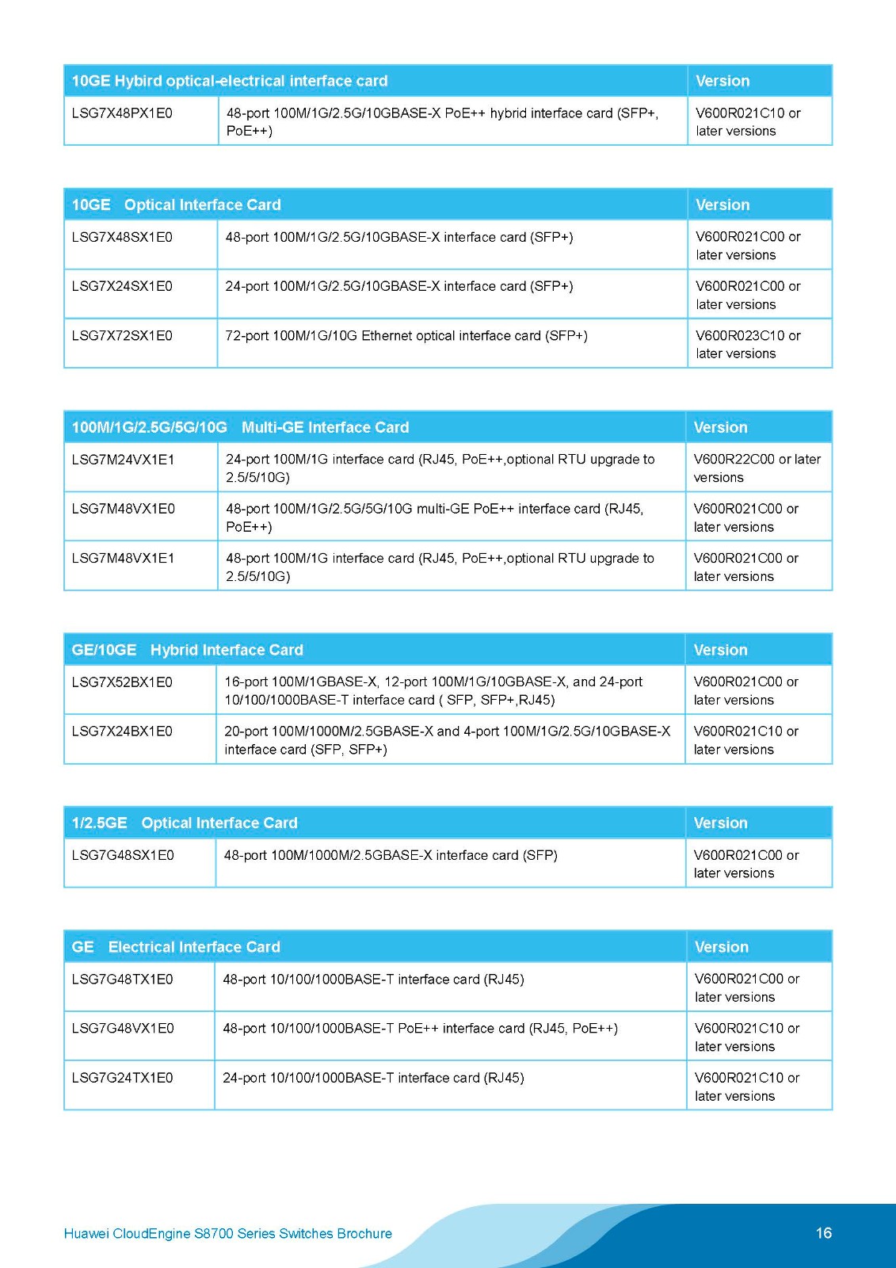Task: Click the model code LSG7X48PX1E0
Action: click(122, 113)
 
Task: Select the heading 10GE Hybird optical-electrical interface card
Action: click(230, 81)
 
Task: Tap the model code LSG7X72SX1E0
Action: click(122, 336)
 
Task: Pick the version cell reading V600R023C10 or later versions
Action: click(748, 345)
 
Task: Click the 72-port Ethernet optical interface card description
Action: click(406, 336)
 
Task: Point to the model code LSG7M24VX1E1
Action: click(123, 460)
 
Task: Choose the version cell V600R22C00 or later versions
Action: click(757, 468)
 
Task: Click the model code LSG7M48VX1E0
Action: click(123, 509)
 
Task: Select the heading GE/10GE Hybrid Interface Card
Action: click(188, 650)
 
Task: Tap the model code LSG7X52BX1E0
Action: click(122, 682)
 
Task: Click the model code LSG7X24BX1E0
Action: click(122, 731)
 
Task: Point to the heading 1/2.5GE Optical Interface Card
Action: click(185, 823)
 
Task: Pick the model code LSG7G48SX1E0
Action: click(123, 855)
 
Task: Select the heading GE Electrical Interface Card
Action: click(176, 947)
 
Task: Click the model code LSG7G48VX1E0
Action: click(122, 1029)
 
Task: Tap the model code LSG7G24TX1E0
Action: click(122, 1078)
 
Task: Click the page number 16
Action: click(824, 1233)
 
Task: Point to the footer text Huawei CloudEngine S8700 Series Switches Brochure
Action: click(228, 1234)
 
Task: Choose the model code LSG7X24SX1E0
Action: click(122, 286)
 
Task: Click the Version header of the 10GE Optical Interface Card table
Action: click(723, 204)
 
